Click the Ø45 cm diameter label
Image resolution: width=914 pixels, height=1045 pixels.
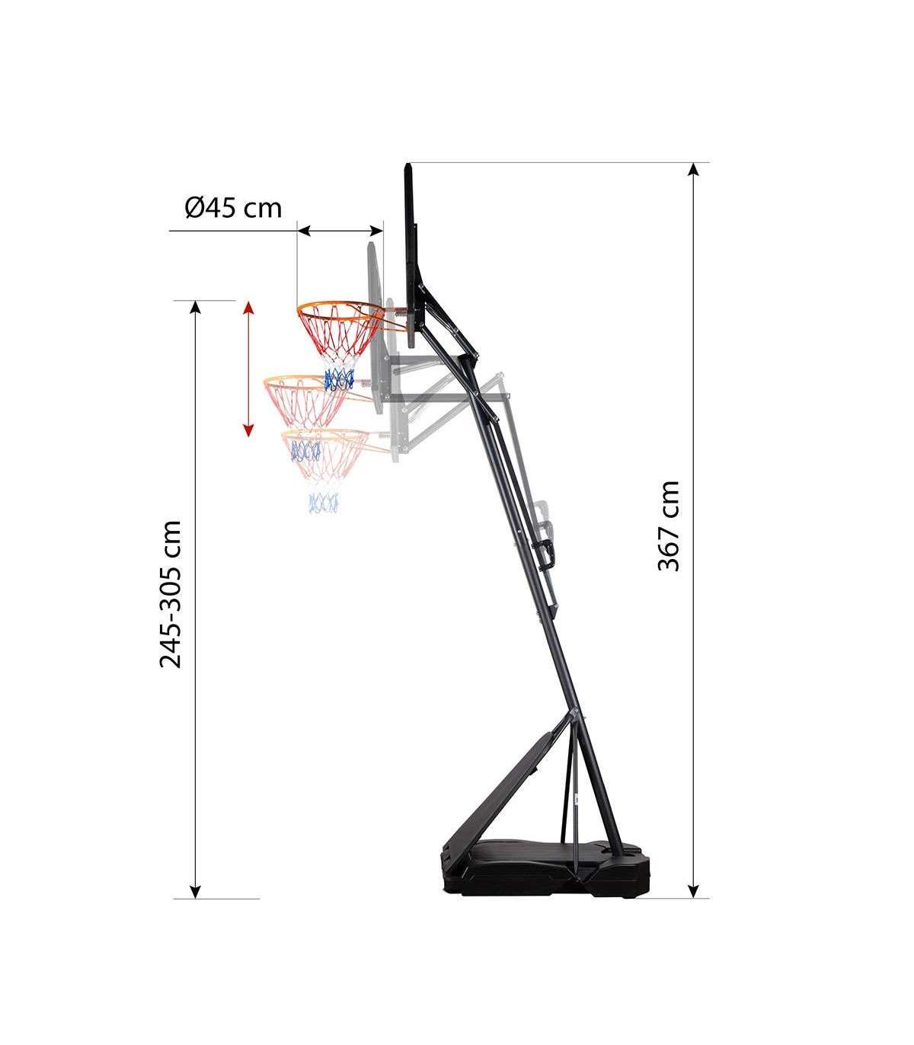pos(233,209)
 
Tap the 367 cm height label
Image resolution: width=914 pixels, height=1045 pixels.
pos(669,526)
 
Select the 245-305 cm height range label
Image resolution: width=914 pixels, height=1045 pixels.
pos(171,595)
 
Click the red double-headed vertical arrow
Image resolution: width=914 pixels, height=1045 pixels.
pos(248,369)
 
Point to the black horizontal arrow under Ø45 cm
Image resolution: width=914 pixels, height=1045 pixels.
pos(340,231)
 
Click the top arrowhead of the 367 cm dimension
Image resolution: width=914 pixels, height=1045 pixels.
pos(693,169)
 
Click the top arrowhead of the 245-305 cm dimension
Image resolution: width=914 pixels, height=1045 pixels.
pos(195,308)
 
